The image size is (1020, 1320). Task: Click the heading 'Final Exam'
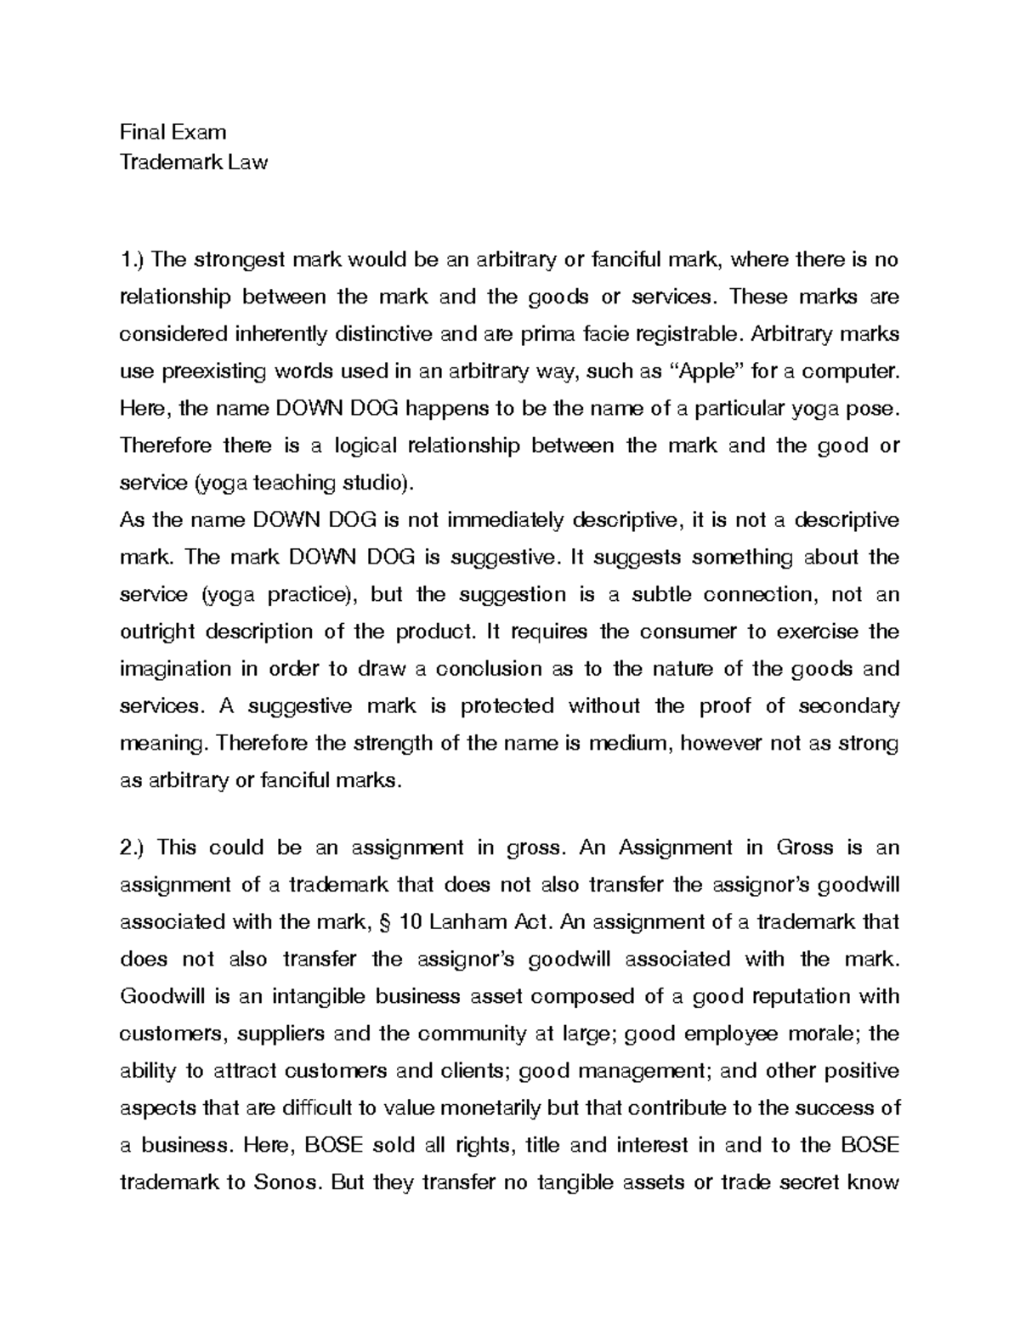point(173,132)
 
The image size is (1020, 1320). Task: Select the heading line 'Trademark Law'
point(193,162)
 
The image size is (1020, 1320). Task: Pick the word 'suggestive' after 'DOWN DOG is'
point(500,558)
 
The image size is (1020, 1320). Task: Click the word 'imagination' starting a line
point(174,669)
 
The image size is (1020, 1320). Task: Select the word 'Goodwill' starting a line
point(158,996)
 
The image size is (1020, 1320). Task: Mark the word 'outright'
point(157,632)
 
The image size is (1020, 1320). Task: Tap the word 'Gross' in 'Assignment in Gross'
point(805,847)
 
